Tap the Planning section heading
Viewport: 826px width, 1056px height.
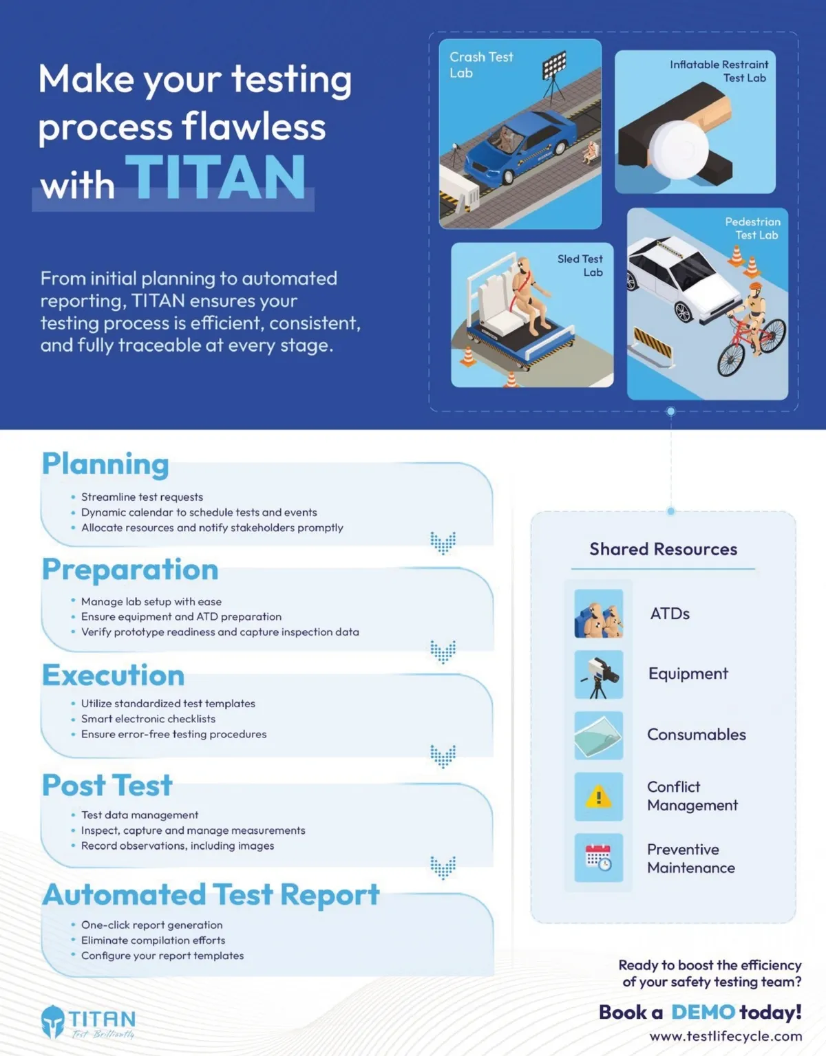pos(105,464)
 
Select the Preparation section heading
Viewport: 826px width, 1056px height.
pos(130,570)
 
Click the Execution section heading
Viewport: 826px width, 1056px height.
pos(114,675)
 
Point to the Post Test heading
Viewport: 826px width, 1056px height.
pos(107,785)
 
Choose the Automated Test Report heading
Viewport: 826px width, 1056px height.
pos(211,894)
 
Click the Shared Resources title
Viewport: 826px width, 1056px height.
pos(663,549)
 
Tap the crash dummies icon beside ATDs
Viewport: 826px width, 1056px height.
pos(598,614)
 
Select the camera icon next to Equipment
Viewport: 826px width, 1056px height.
pos(598,674)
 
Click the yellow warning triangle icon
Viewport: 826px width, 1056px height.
pos(598,797)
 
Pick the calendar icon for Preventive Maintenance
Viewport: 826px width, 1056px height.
pos(598,858)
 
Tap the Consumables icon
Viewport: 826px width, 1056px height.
pos(598,735)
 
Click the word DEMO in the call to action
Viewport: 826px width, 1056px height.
pos(703,1012)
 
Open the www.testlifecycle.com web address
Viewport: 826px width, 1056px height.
pos(726,1036)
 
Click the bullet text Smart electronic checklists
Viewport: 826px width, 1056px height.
pos(148,719)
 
